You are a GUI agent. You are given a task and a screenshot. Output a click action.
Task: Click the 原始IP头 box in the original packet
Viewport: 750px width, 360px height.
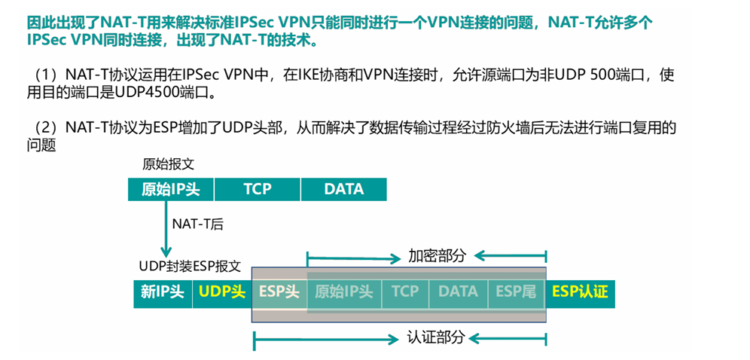click(x=171, y=189)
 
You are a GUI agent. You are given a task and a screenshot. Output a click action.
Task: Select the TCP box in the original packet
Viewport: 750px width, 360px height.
click(x=257, y=189)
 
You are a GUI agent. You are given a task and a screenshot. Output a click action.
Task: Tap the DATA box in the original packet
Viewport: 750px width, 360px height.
click(x=343, y=189)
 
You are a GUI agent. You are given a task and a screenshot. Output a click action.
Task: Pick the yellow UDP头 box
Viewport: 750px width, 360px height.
click(x=221, y=292)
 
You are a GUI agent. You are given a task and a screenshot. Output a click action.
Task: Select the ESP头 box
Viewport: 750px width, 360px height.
click(x=279, y=292)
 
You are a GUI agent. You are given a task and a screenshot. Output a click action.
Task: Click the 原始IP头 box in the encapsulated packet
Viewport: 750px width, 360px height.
click(x=344, y=292)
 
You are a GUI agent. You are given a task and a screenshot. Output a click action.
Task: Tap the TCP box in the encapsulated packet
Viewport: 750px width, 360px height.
click(x=405, y=292)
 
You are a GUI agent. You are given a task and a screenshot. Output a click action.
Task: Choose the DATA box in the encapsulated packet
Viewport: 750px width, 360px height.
click(x=458, y=292)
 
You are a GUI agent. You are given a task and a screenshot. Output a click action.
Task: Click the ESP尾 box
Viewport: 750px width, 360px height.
click(x=516, y=292)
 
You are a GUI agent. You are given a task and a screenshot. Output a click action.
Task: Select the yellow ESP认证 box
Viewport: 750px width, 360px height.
click(x=580, y=292)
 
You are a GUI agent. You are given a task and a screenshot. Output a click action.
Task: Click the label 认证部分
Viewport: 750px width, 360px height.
click(x=436, y=337)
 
